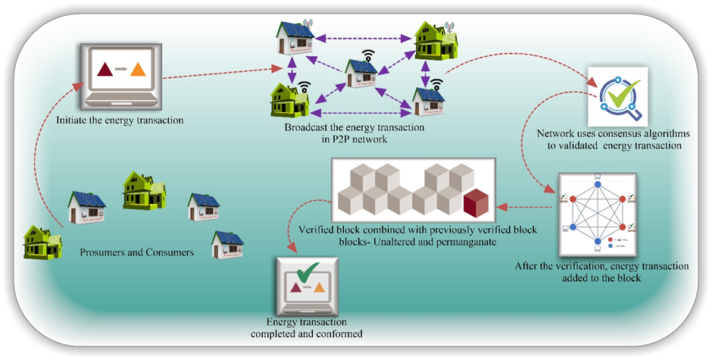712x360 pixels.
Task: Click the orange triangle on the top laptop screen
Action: (x=137, y=70)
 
